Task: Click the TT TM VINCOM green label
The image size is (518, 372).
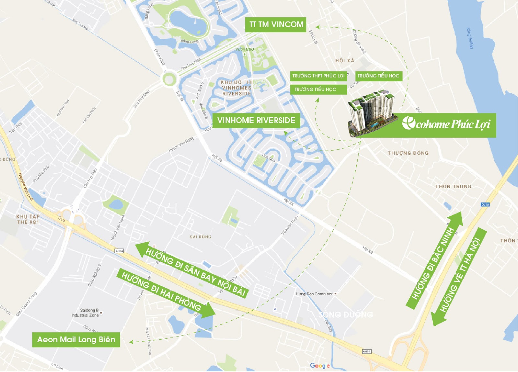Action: point(276,25)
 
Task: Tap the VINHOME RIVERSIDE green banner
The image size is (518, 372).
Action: point(256,121)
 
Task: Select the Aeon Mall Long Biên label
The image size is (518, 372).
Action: point(76,340)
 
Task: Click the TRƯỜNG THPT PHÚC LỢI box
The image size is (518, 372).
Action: point(318,76)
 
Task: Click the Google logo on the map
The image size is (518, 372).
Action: point(320,366)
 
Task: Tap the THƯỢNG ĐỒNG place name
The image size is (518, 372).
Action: point(408,153)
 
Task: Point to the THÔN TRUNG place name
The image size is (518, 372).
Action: point(453,186)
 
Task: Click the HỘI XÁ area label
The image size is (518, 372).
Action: point(344,61)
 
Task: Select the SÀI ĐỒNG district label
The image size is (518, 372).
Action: point(200,237)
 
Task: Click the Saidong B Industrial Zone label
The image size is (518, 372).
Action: point(85,313)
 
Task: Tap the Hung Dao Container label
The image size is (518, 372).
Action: point(314,294)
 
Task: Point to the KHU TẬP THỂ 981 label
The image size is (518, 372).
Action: point(28,219)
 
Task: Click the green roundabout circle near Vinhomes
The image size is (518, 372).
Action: point(169,79)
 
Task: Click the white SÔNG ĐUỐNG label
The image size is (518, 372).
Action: point(346,314)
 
